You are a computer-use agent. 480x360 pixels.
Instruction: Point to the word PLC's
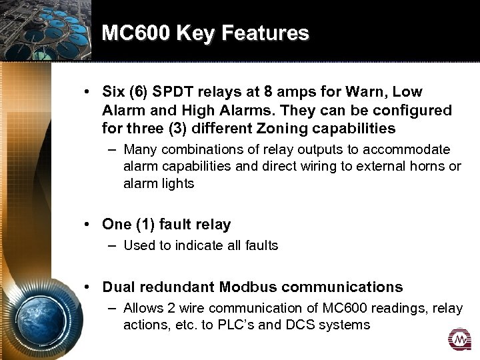click(264, 325)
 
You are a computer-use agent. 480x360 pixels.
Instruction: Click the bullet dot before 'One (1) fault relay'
click(88, 225)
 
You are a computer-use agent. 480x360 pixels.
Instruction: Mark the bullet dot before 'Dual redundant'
click(88, 287)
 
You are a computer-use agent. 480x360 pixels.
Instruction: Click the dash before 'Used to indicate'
click(113, 245)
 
